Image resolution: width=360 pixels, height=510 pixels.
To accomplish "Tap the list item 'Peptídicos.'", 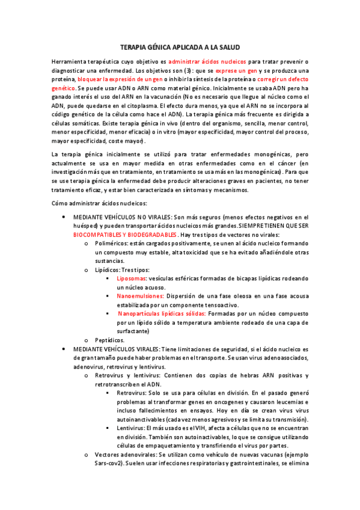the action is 110,340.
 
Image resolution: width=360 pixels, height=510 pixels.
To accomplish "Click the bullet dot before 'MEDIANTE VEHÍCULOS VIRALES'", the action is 63,349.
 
